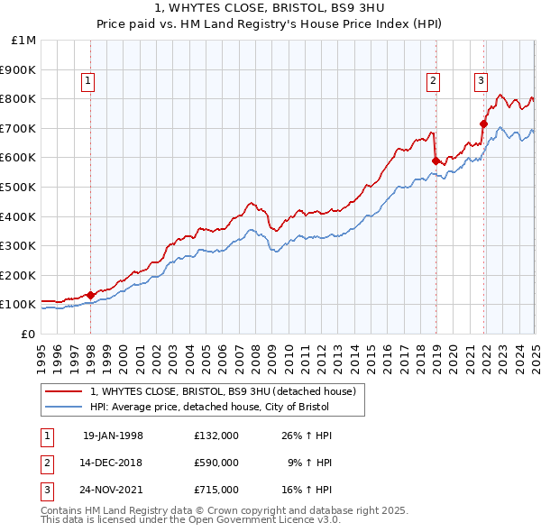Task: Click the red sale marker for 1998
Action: click(91, 294)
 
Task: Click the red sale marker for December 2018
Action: click(436, 161)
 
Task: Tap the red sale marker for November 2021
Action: click(484, 124)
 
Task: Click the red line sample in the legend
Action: click(64, 391)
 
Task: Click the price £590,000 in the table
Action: click(216, 463)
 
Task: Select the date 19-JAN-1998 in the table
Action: click(113, 436)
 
